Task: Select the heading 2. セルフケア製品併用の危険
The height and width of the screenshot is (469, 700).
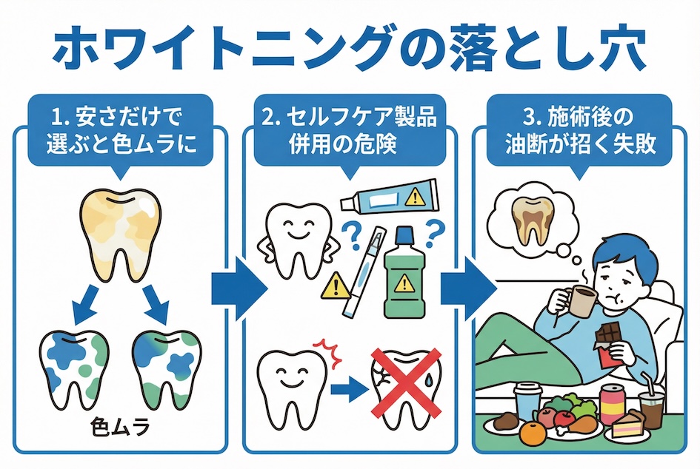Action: tap(350, 131)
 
